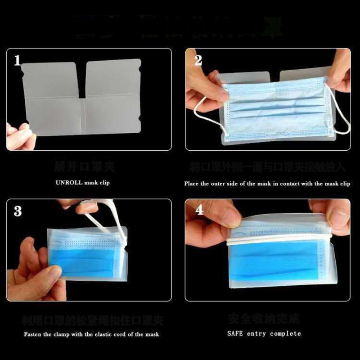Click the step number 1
18,60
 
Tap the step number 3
18,210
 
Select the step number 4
198,210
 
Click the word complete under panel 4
285,333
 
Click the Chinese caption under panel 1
84,167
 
